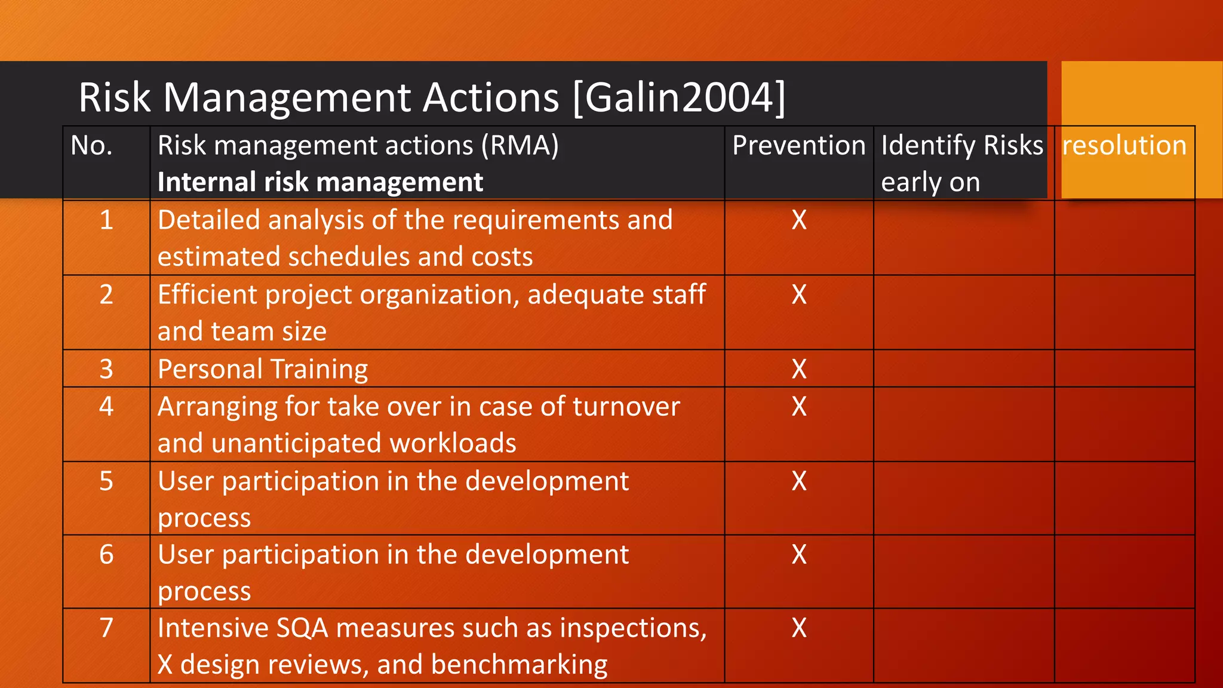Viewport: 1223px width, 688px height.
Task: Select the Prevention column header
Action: pos(798,146)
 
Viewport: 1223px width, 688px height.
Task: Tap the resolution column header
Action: pos(1124,146)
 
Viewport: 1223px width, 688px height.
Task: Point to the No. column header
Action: pos(91,146)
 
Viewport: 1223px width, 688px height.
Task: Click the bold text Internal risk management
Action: pos(320,182)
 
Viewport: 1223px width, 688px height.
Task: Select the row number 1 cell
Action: pos(106,220)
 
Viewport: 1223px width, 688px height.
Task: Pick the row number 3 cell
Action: pos(106,369)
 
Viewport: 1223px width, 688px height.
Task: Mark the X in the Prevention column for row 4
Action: pos(799,407)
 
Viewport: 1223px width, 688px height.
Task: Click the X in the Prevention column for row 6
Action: pos(799,555)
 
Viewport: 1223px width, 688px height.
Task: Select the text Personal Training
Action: pos(263,369)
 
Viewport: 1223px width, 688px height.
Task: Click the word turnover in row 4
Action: pos(626,407)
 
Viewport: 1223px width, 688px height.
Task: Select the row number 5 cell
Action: pos(106,481)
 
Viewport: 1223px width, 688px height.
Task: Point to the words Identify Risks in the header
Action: pos(961,146)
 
